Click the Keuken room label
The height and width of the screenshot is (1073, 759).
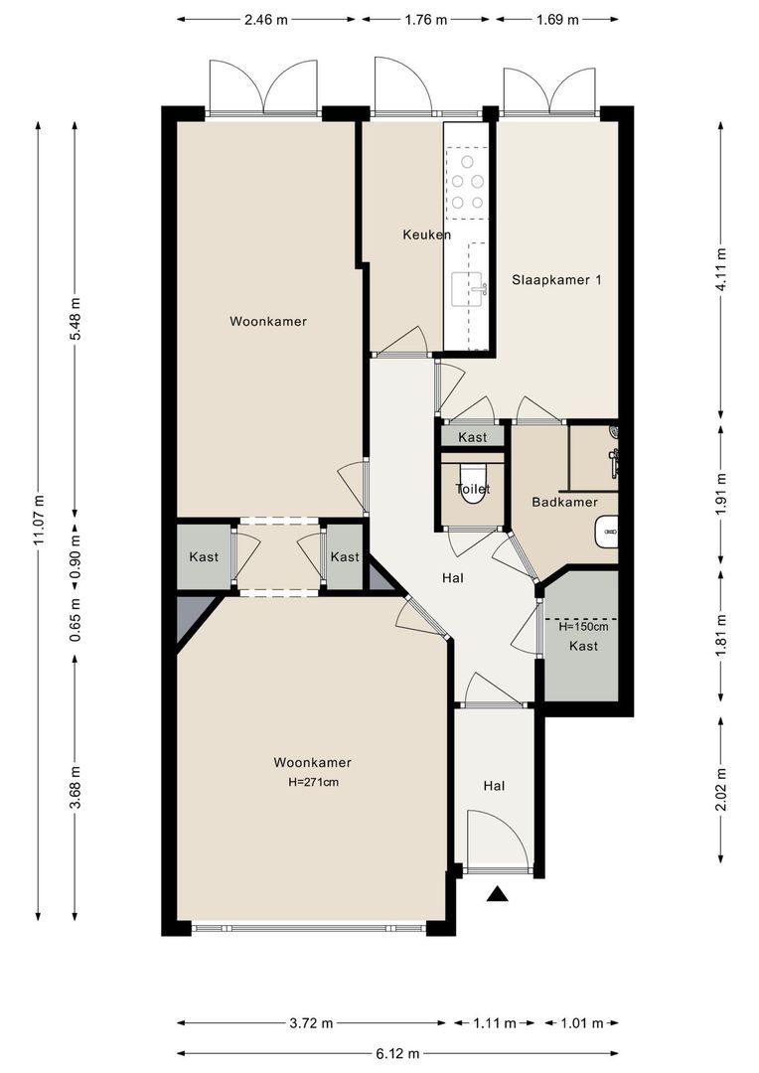pyautogui.click(x=426, y=234)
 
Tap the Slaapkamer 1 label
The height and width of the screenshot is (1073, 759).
pyautogui.click(x=557, y=279)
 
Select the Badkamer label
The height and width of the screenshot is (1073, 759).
pyautogui.click(x=564, y=502)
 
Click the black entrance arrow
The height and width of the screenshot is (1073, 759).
pyautogui.click(x=498, y=893)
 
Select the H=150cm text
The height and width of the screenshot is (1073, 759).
pyautogui.click(x=583, y=626)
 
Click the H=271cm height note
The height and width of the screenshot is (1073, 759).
pyautogui.click(x=314, y=782)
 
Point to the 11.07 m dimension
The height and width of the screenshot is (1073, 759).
pyautogui.click(x=39, y=520)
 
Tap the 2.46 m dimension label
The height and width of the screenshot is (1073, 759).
pyautogui.click(x=265, y=19)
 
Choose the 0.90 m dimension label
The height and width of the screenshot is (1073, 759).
pyautogui.click(x=76, y=555)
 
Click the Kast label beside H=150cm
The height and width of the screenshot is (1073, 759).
pyautogui.click(x=583, y=646)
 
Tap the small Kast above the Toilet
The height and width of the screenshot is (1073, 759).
pyautogui.click(x=472, y=437)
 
